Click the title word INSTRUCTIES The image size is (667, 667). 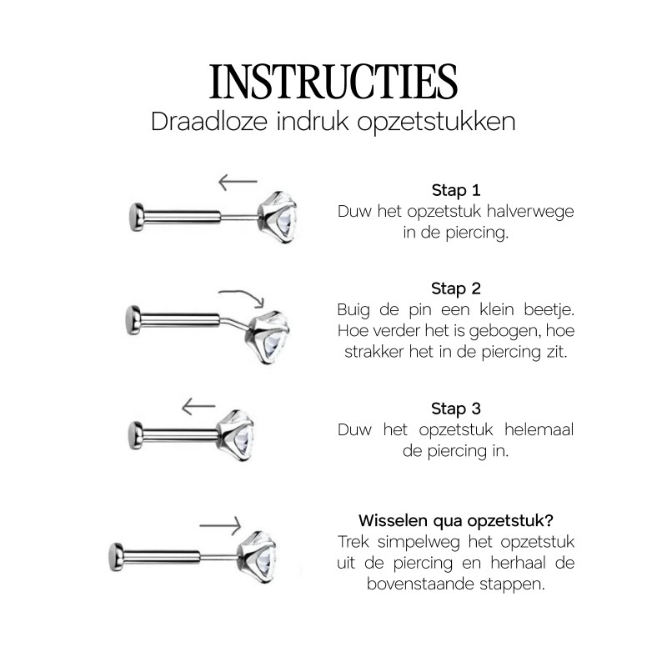click(x=333, y=82)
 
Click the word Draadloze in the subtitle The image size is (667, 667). click(x=209, y=122)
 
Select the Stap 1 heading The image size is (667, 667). click(x=456, y=190)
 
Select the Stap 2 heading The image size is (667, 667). click(x=456, y=288)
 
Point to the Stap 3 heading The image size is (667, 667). click(x=456, y=409)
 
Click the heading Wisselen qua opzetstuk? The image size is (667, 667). click(x=456, y=520)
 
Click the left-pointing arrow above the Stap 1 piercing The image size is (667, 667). click(x=238, y=182)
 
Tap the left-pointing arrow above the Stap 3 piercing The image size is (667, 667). click(x=198, y=407)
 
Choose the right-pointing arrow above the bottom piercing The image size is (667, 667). click(x=220, y=526)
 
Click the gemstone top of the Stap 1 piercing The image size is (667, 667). click(x=278, y=217)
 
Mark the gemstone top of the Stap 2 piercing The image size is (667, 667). click(x=268, y=338)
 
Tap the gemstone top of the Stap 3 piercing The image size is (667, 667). click(x=236, y=435)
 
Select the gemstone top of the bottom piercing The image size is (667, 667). click(x=258, y=557)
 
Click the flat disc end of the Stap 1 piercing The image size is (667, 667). click(x=137, y=217)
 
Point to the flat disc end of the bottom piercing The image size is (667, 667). click(x=116, y=557)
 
